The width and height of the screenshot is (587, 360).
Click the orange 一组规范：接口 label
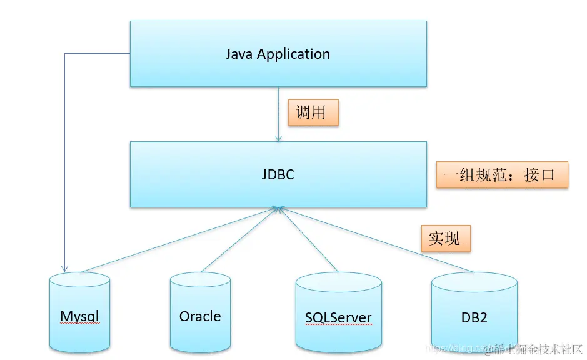click(502, 174)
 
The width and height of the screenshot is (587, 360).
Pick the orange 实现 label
click(445, 238)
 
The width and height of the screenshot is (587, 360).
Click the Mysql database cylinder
click(80, 312)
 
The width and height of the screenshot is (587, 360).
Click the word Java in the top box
click(239, 54)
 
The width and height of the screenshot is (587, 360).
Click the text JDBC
click(278, 174)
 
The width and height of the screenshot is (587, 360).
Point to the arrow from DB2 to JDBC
click(375, 241)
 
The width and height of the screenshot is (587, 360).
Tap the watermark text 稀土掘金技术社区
click(538, 347)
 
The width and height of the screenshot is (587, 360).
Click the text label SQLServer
click(338, 317)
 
